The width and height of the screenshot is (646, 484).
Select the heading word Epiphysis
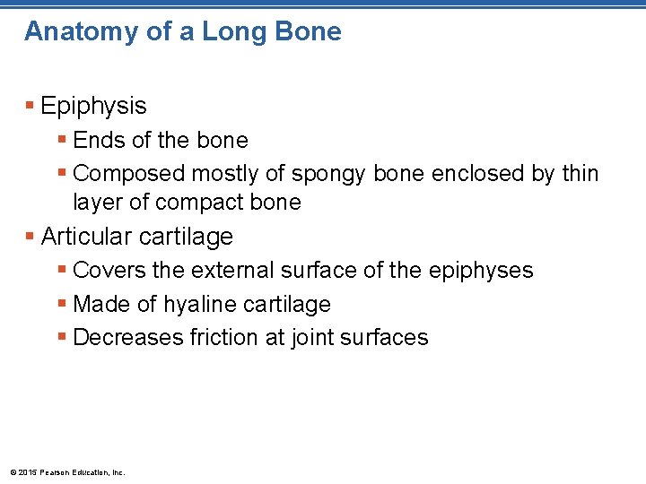[x=93, y=107]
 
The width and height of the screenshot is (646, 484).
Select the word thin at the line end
[x=580, y=173]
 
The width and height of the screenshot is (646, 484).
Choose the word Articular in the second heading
[x=87, y=237]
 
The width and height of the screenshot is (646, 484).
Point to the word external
[x=224, y=271]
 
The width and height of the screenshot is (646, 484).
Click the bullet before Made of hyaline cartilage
[x=62, y=304]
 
